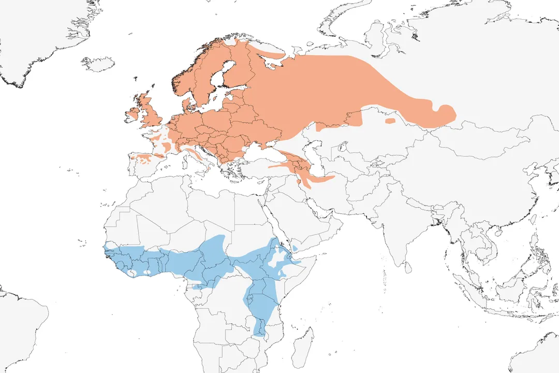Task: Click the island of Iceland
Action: coord(98,64)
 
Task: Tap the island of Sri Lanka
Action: coord(408,267)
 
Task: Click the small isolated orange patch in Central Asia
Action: coord(390,121)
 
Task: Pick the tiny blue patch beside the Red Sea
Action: coord(295,249)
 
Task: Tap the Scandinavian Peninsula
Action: coord(202,73)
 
